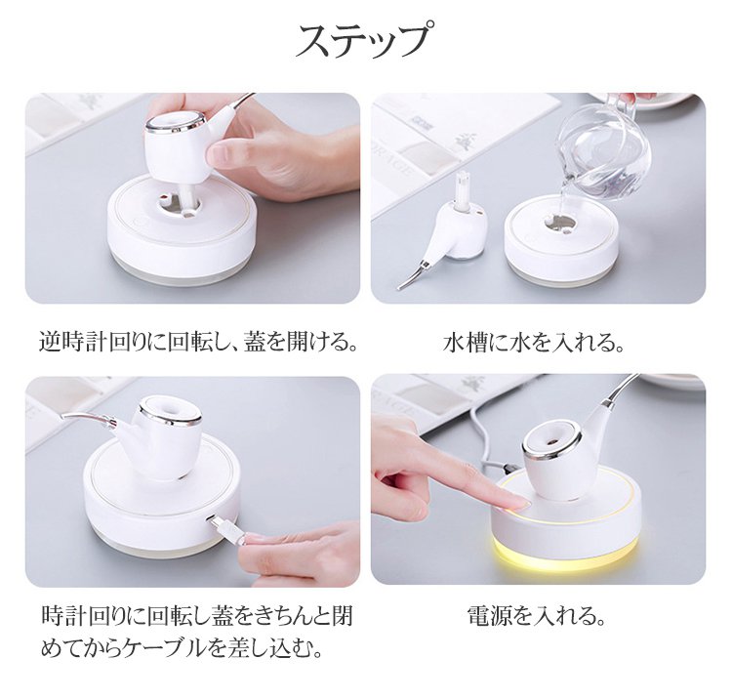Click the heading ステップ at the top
362,41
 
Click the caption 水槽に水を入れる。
534,344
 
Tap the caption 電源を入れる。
537,616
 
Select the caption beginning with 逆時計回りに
198,343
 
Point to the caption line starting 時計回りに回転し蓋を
196,616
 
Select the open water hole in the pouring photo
560,221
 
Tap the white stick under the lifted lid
191,194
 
